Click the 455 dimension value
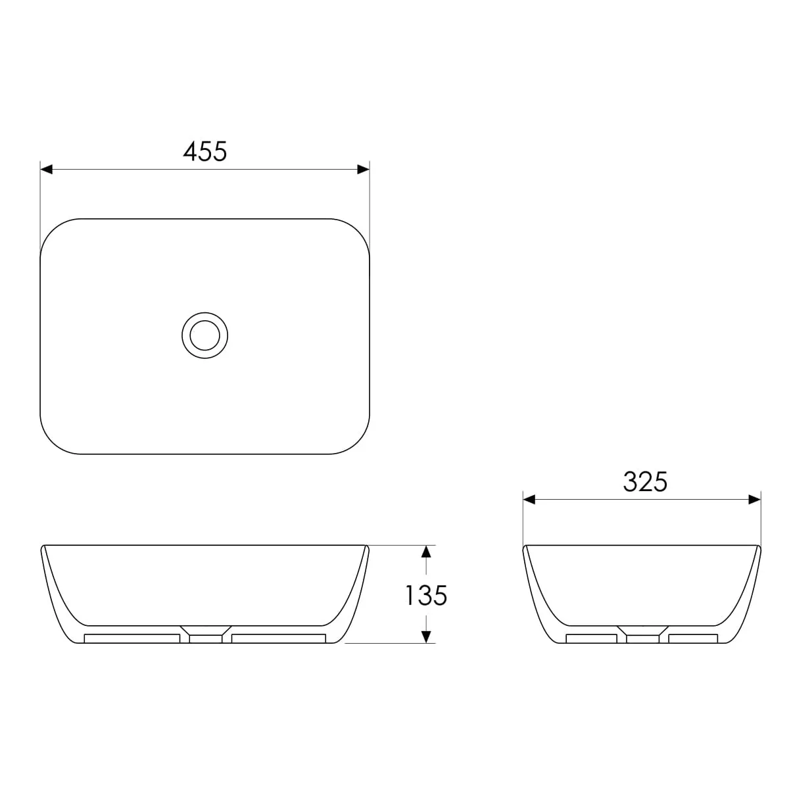tap(204, 151)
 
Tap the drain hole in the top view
tap(204, 335)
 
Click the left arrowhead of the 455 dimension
tap(46, 169)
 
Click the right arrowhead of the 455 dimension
tap(363, 169)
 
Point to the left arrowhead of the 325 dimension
tap(529, 500)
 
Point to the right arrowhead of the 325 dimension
tap(754, 500)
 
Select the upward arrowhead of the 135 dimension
tap(426, 552)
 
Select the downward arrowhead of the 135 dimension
tap(426, 636)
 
